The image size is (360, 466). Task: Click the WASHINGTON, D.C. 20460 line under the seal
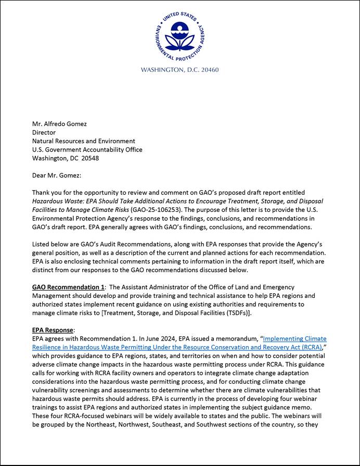(179, 70)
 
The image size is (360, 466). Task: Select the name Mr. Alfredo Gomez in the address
(59, 124)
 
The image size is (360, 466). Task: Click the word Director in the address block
(44, 132)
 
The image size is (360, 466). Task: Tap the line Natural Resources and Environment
(83, 141)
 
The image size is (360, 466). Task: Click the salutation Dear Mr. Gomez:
(57, 175)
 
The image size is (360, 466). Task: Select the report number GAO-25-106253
(153, 210)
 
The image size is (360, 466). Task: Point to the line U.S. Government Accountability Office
(87, 150)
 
